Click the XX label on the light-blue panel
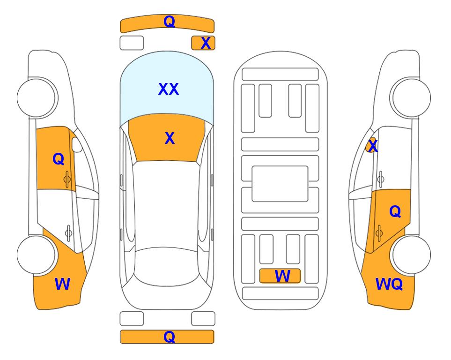pyautogui.click(x=169, y=89)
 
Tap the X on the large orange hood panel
pyautogui.click(x=170, y=138)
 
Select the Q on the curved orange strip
pyautogui.click(x=169, y=21)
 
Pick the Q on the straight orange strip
pyautogui.click(x=169, y=337)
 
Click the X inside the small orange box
pyautogui.click(x=206, y=43)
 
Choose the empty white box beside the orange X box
pyautogui.click(x=132, y=43)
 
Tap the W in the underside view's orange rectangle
pyautogui.click(x=282, y=276)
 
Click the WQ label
pyautogui.click(x=389, y=284)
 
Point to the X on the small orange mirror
pyautogui.click(x=373, y=145)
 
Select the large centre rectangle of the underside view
pyautogui.click(x=280, y=184)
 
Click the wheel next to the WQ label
pyautogui.click(x=412, y=255)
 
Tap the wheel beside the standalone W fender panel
pyautogui.click(x=36, y=255)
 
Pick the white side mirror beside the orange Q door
pyautogui.click(x=77, y=144)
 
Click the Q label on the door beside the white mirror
pyautogui.click(x=59, y=159)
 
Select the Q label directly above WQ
pyautogui.click(x=395, y=212)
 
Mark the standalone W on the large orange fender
pyautogui.click(x=62, y=284)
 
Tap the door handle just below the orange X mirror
pyautogui.click(x=381, y=179)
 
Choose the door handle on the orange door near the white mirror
pyautogui.click(x=67, y=179)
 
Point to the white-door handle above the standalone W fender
pyautogui.click(x=68, y=232)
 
